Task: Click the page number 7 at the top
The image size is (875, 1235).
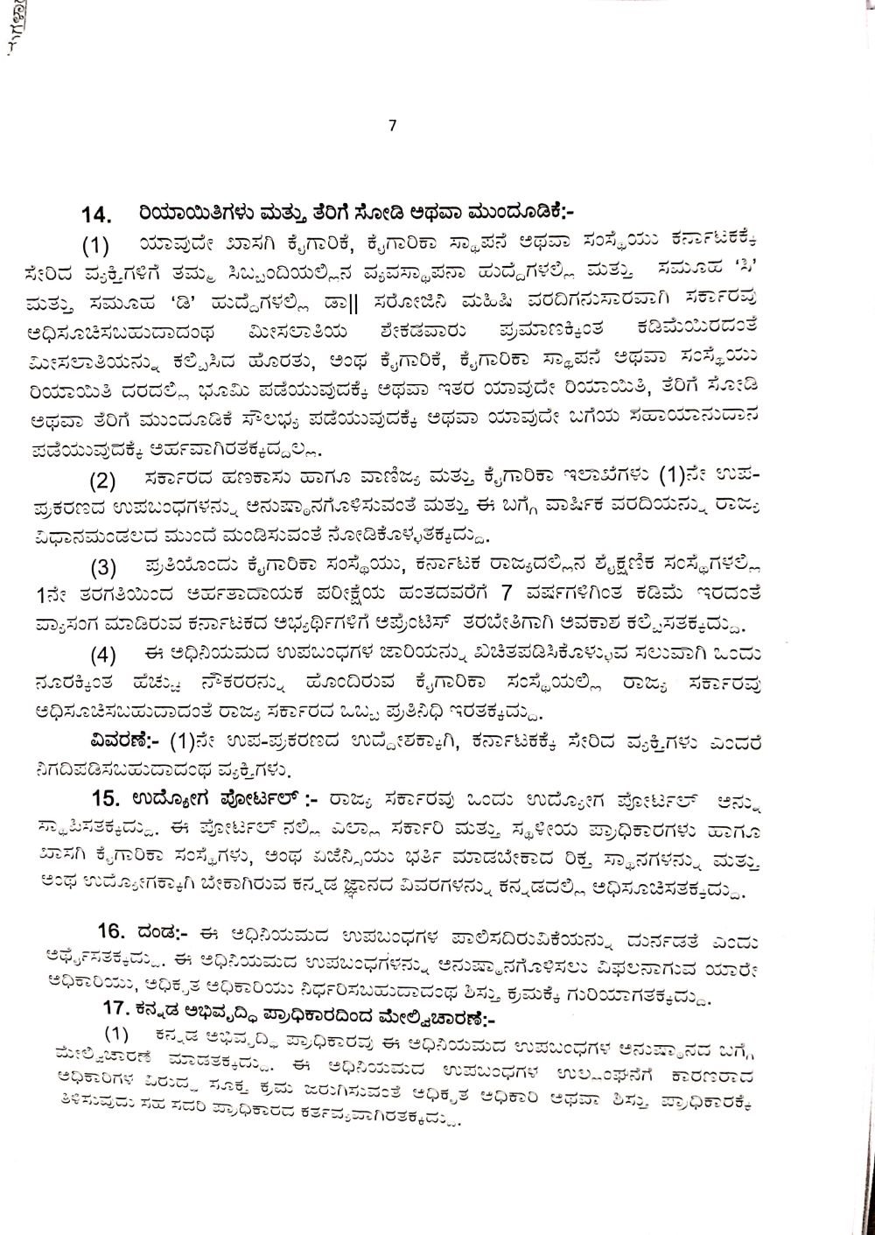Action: (x=392, y=125)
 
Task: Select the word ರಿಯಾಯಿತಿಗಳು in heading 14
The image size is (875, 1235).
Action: (x=183, y=213)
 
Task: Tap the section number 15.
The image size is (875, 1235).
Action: (x=110, y=797)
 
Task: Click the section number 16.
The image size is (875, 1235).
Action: (x=114, y=928)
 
